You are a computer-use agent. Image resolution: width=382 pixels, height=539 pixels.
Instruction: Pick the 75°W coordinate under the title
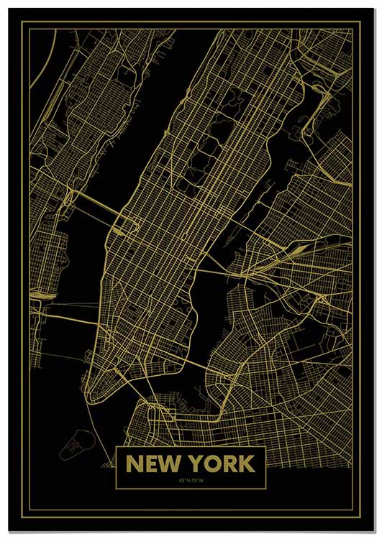(x=196, y=480)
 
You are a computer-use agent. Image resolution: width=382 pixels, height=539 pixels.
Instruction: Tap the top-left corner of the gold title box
(x=117, y=447)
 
